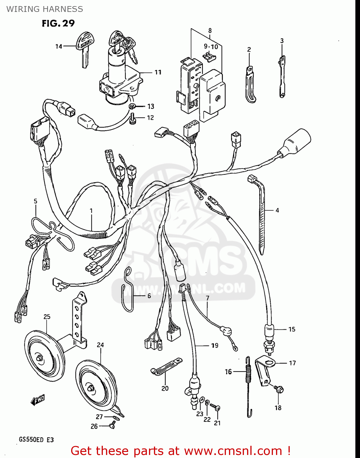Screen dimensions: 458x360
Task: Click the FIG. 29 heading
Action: tap(58, 24)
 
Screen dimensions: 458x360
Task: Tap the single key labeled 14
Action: tap(85, 49)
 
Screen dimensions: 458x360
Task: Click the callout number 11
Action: tap(158, 72)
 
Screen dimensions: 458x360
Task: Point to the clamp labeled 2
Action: tap(250, 85)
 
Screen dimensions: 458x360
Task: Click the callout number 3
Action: tap(282, 41)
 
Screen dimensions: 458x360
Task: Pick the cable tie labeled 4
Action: tap(260, 214)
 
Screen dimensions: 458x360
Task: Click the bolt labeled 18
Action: tap(279, 389)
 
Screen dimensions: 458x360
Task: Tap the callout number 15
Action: tap(292, 329)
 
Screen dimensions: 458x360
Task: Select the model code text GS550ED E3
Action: tap(36, 440)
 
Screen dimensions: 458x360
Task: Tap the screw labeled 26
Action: tap(112, 424)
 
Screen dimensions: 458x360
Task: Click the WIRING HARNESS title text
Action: tap(45, 9)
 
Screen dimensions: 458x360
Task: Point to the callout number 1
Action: tap(91, 211)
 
